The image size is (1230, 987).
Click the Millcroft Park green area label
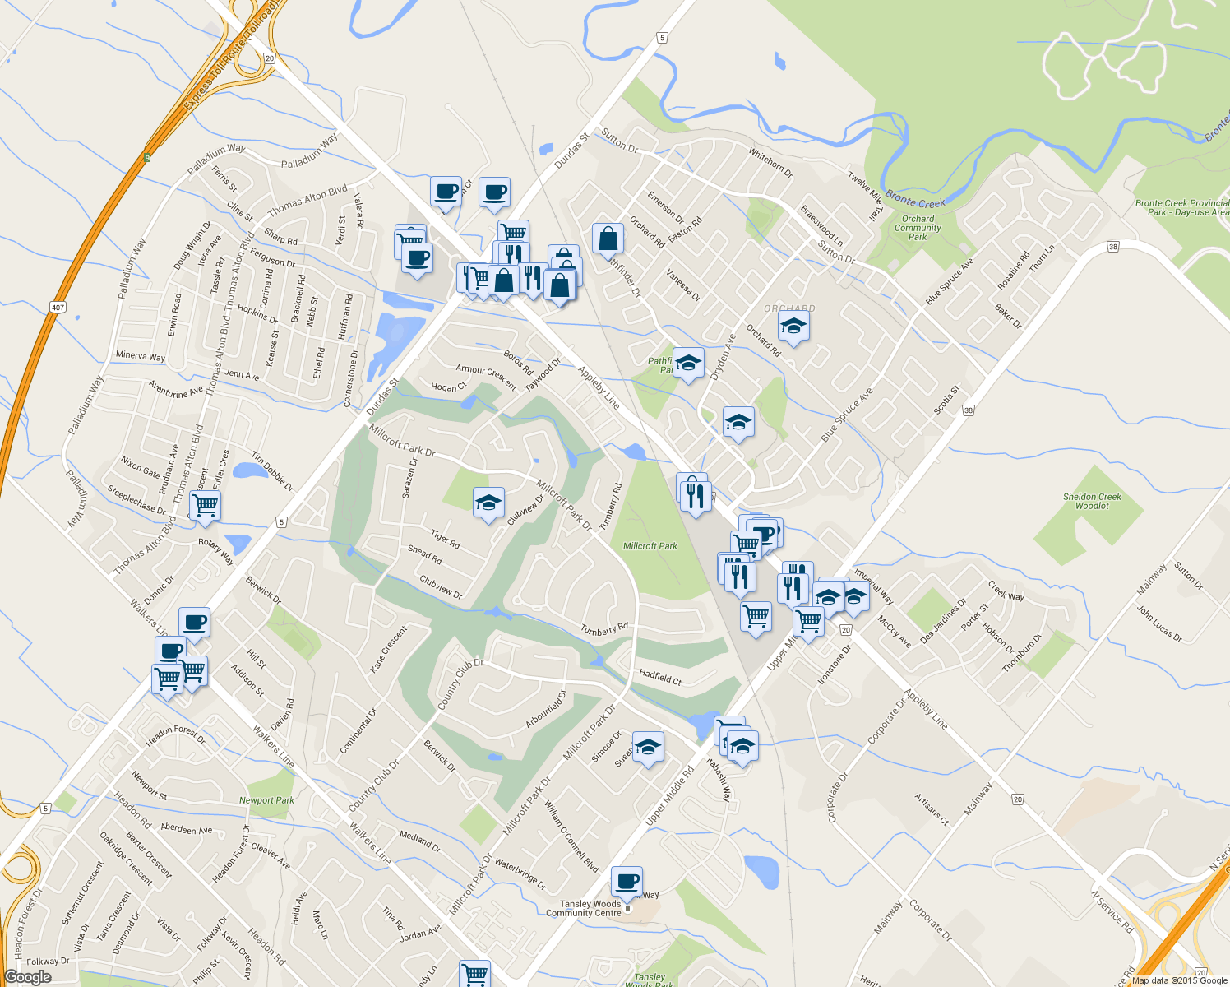(650, 546)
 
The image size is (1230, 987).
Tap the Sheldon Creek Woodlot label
(1092, 501)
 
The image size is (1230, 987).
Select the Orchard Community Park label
(918, 228)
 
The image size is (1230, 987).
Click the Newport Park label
(266, 800)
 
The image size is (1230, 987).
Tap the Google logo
(27, 977)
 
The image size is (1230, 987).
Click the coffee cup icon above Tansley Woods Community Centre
(627, 882)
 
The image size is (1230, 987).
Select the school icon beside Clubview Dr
(488, 503)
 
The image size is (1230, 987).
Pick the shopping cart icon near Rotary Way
(205, 505)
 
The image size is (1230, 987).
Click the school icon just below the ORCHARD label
(793, 327)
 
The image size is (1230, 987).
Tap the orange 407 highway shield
(57, 308)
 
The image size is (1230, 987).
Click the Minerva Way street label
(141, 356)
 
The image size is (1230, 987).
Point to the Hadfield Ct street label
(660, 677)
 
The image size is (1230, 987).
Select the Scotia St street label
(946, 399)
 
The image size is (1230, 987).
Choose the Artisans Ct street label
(932, 809)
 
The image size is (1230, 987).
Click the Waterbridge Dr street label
(520, 875)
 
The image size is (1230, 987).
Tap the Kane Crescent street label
(388, 650)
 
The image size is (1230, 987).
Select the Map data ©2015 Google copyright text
(1180, 980)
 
